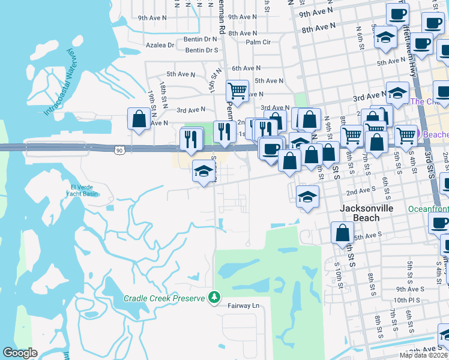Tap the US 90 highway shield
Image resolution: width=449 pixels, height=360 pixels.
click(x=120, y=150)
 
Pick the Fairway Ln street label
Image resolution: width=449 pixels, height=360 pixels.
click(x=243, y=306)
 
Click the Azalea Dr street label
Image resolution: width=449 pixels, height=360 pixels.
click(x=160, y=45)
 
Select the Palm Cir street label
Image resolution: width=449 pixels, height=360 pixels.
click(x=258, y=42)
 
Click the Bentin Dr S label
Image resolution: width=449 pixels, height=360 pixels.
click(x=202, y=50)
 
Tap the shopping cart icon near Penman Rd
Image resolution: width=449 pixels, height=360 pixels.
click(x=237, y=91)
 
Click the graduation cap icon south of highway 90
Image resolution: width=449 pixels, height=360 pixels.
click(x=203, y=171)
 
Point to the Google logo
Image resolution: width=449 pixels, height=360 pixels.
click(x=20, y=353)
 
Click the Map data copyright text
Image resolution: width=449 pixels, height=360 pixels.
click(x=423, y=355)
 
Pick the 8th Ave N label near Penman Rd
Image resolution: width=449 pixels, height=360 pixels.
click(x=243, y=33)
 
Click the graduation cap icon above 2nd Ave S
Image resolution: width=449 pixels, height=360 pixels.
click(x=307, y=196)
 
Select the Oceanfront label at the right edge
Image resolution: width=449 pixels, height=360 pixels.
click(x=428, y=209)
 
